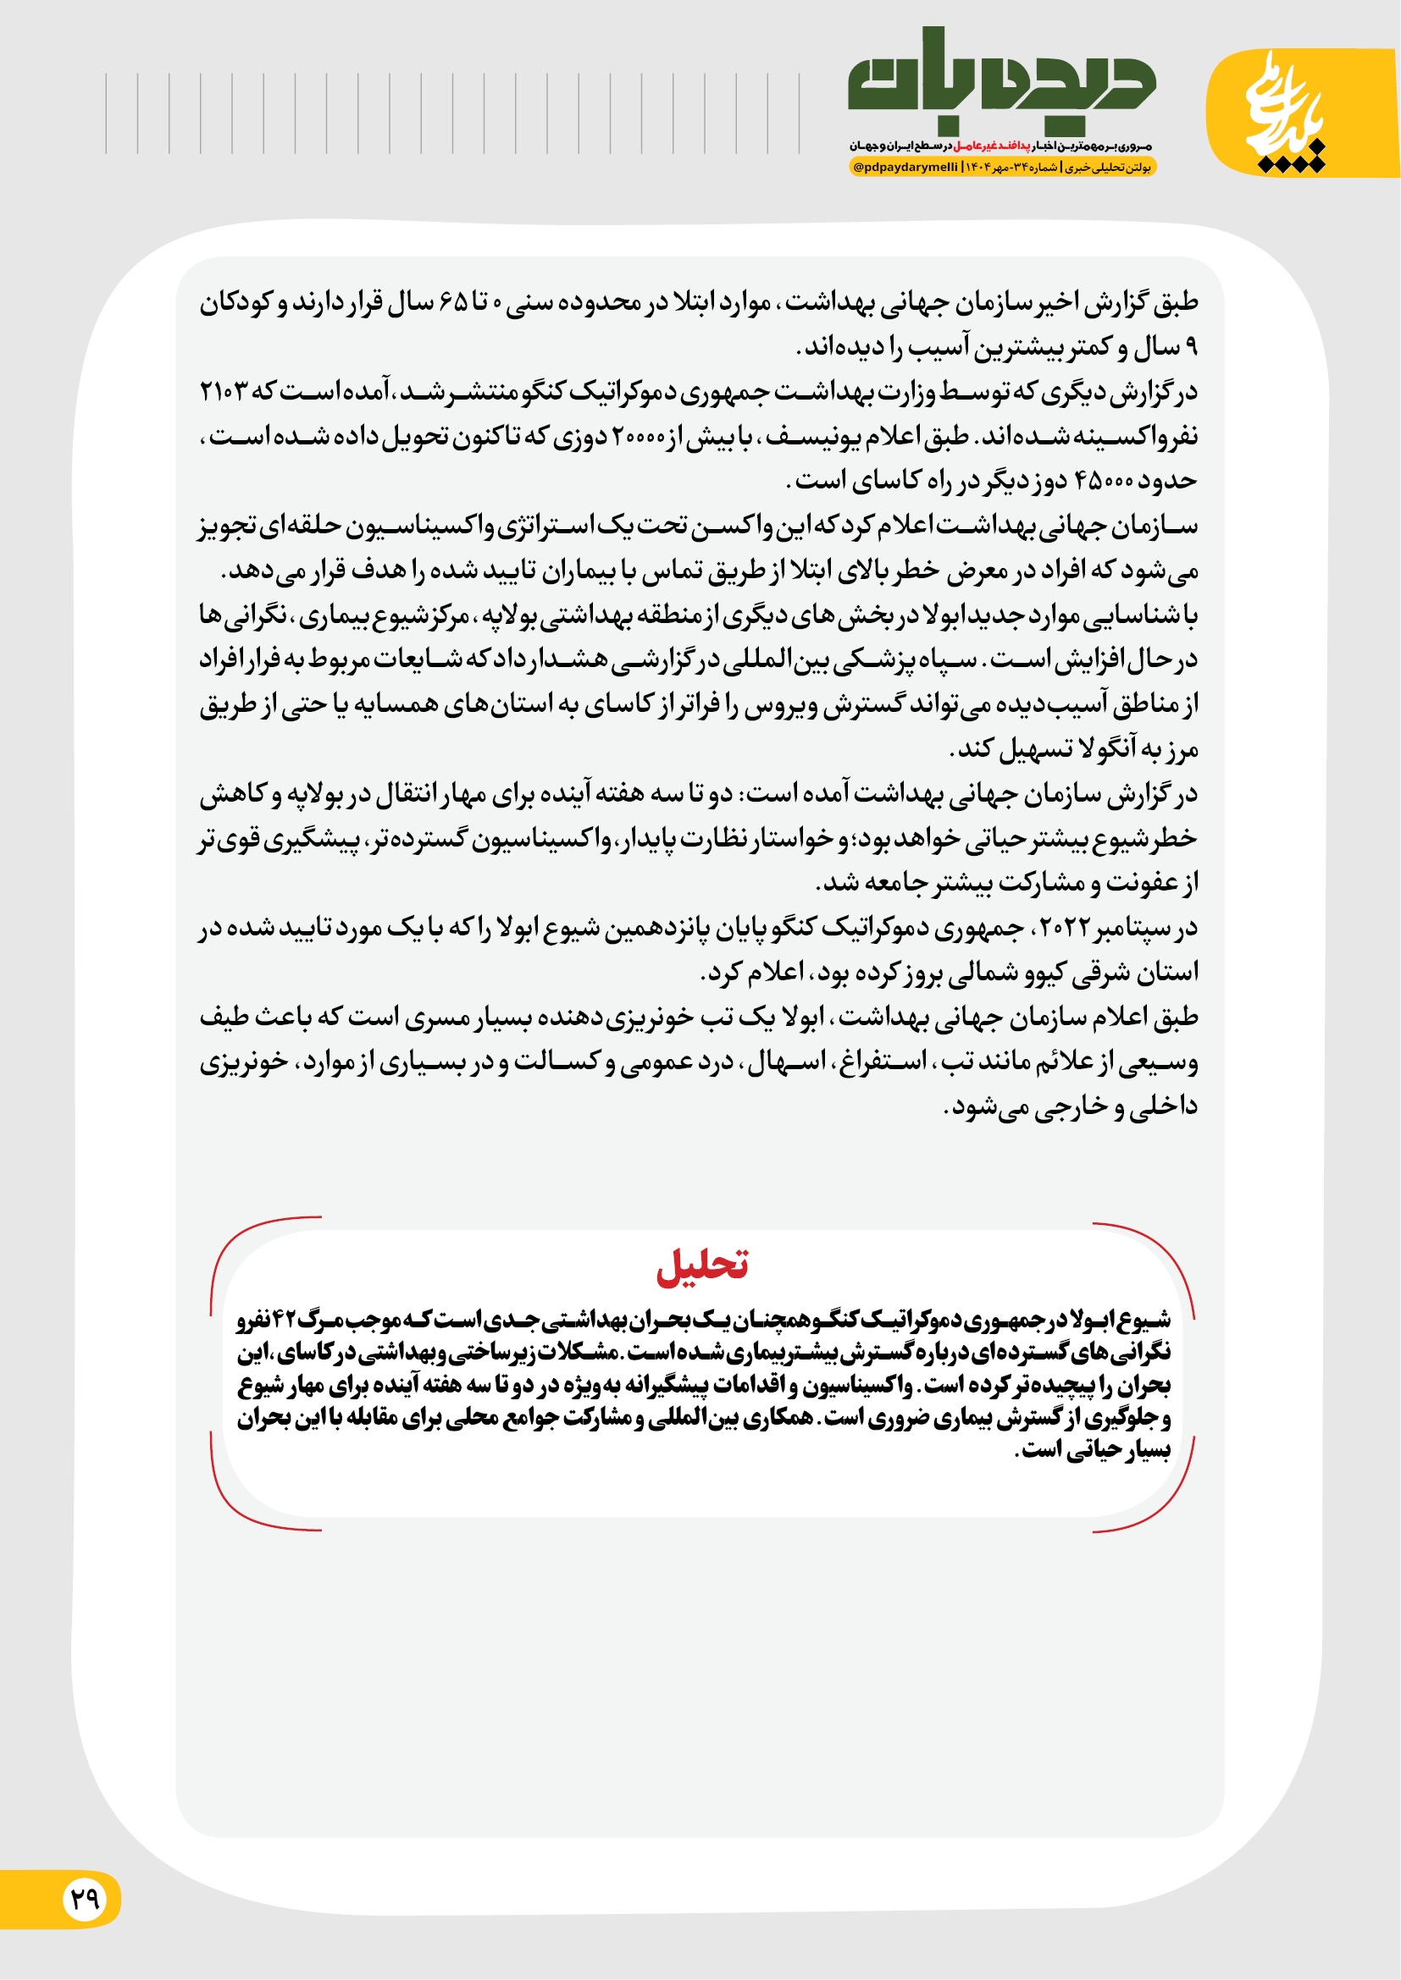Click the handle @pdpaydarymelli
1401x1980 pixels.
[x=905, y=168]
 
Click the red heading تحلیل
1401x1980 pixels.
[x=701, y=1265]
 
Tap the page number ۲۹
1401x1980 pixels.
[x=85, y=1898]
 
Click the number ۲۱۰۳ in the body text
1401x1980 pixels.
[x=223, y=392]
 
